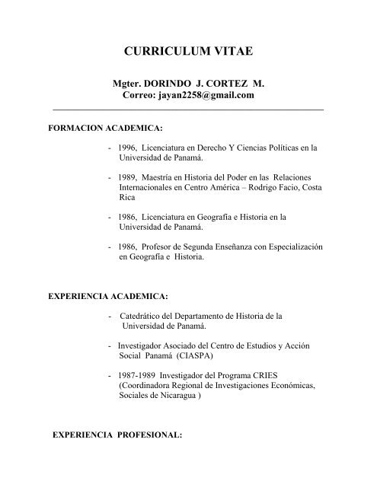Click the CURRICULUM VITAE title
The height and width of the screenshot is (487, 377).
pos(188,53)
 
